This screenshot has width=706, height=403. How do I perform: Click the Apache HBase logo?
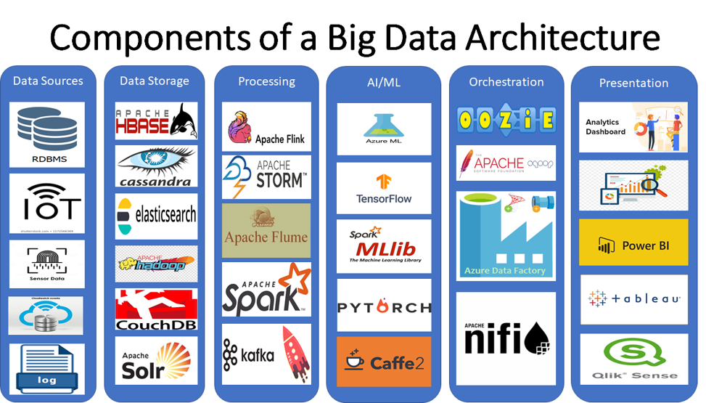pyautogui.click(x=156, y=121)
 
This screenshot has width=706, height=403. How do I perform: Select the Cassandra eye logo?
pyautogui.click(x=156, y=167)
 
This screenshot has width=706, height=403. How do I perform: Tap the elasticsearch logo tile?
pyautogui.click(x=156, y=216)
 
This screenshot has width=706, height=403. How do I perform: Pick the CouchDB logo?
pyautogui.click(x=156, y=309)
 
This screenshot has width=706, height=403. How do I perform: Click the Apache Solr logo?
pyautogui.click(x=156, y=359)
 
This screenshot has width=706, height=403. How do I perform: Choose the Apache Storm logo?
pyautogui.click(x=266, y=176)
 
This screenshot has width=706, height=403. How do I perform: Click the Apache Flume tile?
pyautogui.click(x=266, y=230)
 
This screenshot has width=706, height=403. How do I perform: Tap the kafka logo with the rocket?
pyautogui.click(x=266, y=354)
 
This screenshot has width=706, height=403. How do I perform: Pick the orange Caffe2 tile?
pyautogui.click(x=384, y=362)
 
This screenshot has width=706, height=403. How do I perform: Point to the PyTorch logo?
pyautogui.click(x=384, y=307)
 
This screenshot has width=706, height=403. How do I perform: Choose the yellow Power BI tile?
pyautogui.click(x=633, y=245)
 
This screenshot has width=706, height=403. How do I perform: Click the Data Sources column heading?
pyautogui.click(x=48, y=81)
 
